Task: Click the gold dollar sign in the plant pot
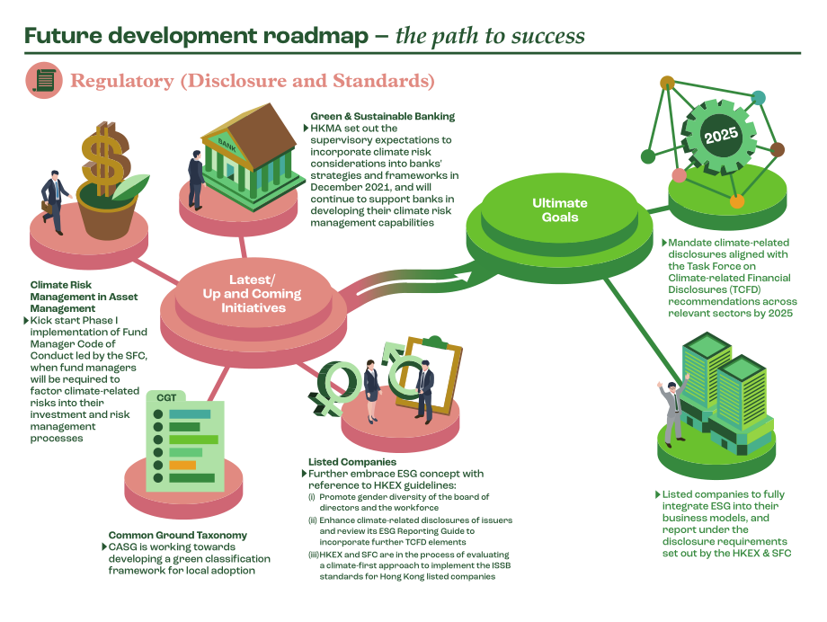pos(105,159)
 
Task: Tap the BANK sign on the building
pos(227,145)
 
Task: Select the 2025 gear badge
pos(720,136)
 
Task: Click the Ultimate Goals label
pos(560,210)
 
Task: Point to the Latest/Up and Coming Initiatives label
pos(252,294)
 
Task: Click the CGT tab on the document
pos(166,398)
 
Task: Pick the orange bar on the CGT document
pos(182,465)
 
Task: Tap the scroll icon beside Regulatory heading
pos(44,81)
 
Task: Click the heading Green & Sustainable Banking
pos(382,116)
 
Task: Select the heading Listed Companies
pos(352,462)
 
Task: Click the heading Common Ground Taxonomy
pos(178,535)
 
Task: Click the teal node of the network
pos(758,98)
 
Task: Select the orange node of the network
pos(737,201)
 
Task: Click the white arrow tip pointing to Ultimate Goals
pos(471,275)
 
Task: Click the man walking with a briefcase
pos(55,201)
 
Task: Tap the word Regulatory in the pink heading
pos(122,81)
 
